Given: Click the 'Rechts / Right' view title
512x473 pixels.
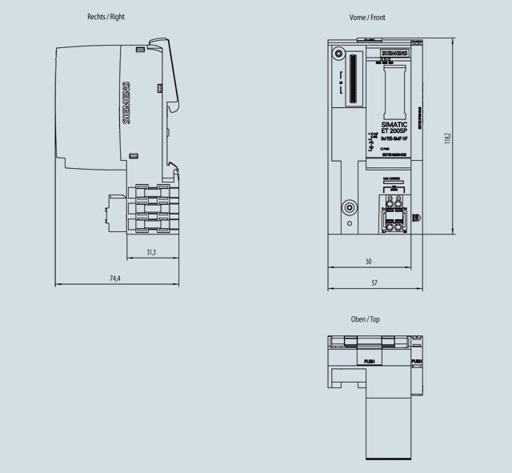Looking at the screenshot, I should point(106,17).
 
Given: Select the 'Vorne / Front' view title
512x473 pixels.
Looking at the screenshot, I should point(367,18).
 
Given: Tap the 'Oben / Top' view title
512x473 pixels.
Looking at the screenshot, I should point(365,319).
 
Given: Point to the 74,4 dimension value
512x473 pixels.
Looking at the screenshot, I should point(114,279).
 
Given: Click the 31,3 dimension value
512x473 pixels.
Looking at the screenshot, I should point(150,252).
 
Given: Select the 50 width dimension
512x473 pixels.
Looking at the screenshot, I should point(368,262).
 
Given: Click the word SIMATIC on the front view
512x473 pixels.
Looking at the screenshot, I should point(394,125).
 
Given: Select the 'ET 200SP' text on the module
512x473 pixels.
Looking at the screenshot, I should point(394,131).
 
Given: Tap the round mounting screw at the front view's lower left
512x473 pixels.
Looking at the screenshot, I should point(349,208).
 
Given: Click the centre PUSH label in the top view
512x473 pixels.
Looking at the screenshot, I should point(369,362).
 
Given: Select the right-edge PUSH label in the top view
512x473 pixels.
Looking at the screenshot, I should point(416,362).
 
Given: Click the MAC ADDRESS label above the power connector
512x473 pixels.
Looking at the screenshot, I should point(392,180).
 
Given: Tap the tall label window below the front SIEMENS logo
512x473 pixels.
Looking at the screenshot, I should point(394,92).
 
